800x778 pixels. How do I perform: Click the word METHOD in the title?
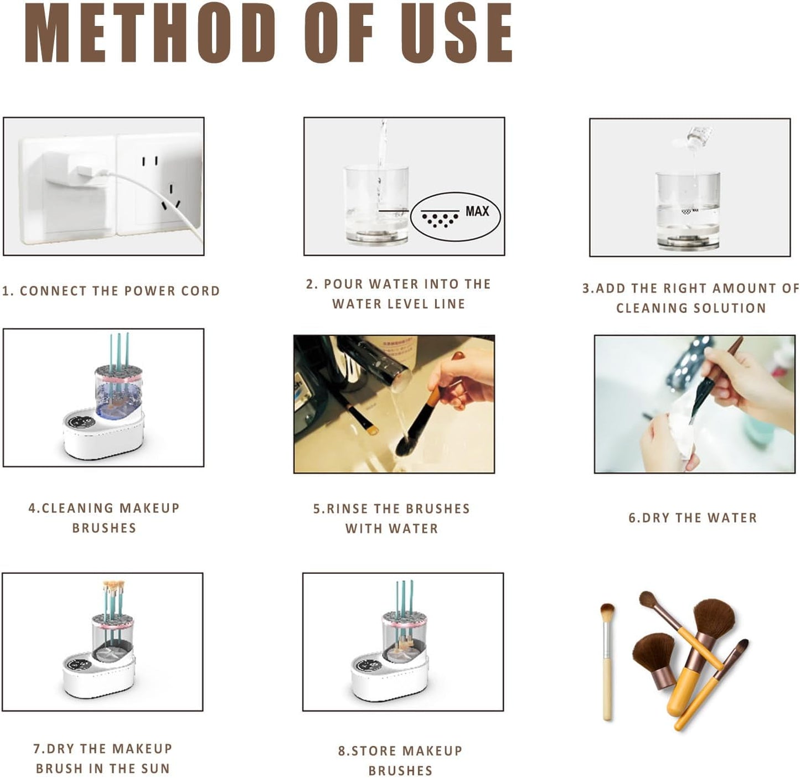[149, 33]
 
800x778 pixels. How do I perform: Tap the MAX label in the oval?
[477, 211]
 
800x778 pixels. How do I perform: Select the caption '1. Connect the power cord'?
[111, 291]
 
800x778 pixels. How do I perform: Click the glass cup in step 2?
[376, 205]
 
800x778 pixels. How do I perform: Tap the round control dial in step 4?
[78, 422]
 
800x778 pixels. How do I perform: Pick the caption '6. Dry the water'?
[692, 518]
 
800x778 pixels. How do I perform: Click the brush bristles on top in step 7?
[113, 585]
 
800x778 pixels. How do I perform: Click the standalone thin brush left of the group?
[607, 658]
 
